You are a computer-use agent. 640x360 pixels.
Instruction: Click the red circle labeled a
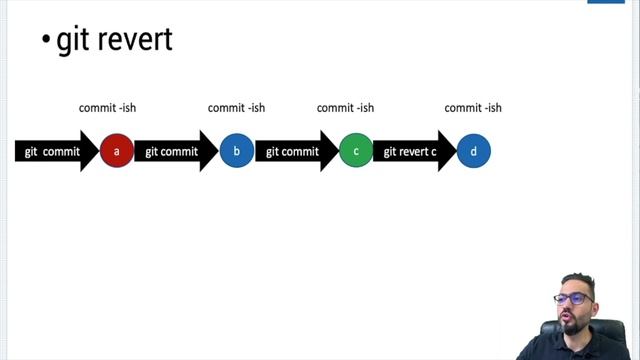[117, 152]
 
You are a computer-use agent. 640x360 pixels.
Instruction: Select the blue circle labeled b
[236, 152]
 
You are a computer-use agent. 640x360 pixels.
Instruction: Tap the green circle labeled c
[355, 152]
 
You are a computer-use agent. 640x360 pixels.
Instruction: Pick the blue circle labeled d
[474, 152]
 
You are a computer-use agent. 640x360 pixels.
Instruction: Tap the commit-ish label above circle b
[236, 108]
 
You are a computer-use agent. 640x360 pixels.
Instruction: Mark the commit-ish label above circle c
[345, 108]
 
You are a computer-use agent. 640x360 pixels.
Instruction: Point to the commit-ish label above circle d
[473, 108]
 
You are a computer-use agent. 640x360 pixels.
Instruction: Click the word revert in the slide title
[134, 40]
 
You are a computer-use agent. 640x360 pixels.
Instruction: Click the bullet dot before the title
[46, 41]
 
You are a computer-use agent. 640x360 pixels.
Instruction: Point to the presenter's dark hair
[578, 281]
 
